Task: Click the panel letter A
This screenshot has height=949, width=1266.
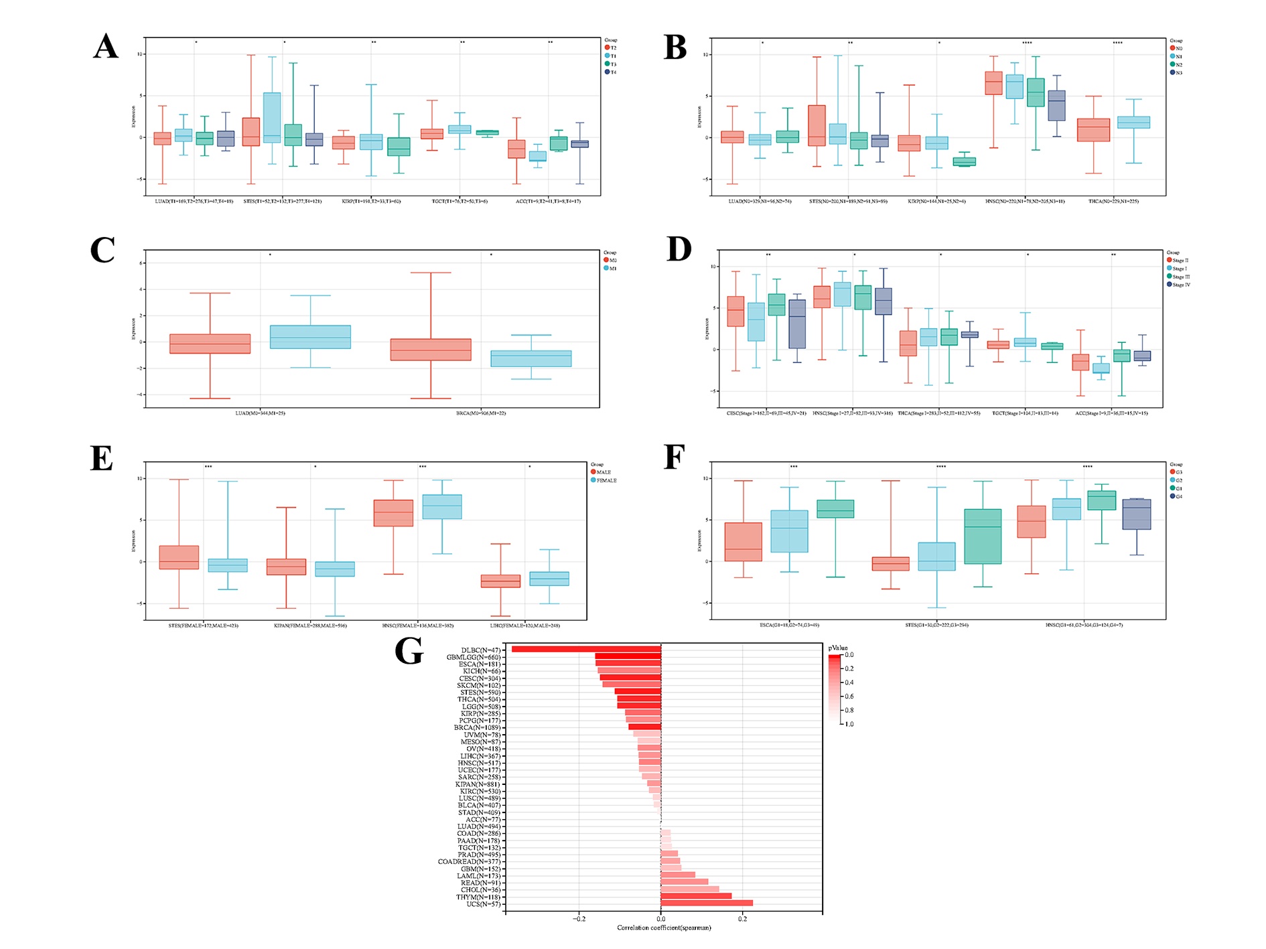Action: tap(106, 47)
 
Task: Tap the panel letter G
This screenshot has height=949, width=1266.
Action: tap(409, 651)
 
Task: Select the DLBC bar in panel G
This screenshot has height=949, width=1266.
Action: tap(586, 649)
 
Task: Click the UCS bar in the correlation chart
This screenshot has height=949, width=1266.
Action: tap(707, 903)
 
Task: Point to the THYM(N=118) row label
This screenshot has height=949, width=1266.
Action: tap(478, 897)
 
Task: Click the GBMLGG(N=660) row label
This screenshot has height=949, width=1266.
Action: tap(474, 657)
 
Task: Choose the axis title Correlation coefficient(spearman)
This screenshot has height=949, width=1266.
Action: tap(664, 928)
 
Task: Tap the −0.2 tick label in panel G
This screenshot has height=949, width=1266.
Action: tap(579, 919)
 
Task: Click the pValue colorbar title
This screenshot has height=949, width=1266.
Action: tap(837, 648)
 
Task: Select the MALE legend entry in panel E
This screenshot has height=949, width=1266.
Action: tap(603, 472)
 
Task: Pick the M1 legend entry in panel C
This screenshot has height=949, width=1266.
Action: tap(612, 268)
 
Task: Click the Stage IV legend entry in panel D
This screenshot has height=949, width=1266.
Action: tap(1180, 285)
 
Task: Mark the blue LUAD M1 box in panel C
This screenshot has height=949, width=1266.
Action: tap(310, 337)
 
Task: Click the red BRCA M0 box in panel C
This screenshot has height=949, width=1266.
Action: tap(431, 350)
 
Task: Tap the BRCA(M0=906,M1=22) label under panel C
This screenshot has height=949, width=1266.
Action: tap(481, 413)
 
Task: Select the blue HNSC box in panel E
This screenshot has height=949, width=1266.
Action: tap(442, 506)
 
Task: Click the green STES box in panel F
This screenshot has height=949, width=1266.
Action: tap(983, 536)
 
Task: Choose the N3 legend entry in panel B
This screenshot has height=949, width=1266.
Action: tap(1178, 72)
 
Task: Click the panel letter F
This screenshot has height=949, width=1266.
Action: tap(674, 458)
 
